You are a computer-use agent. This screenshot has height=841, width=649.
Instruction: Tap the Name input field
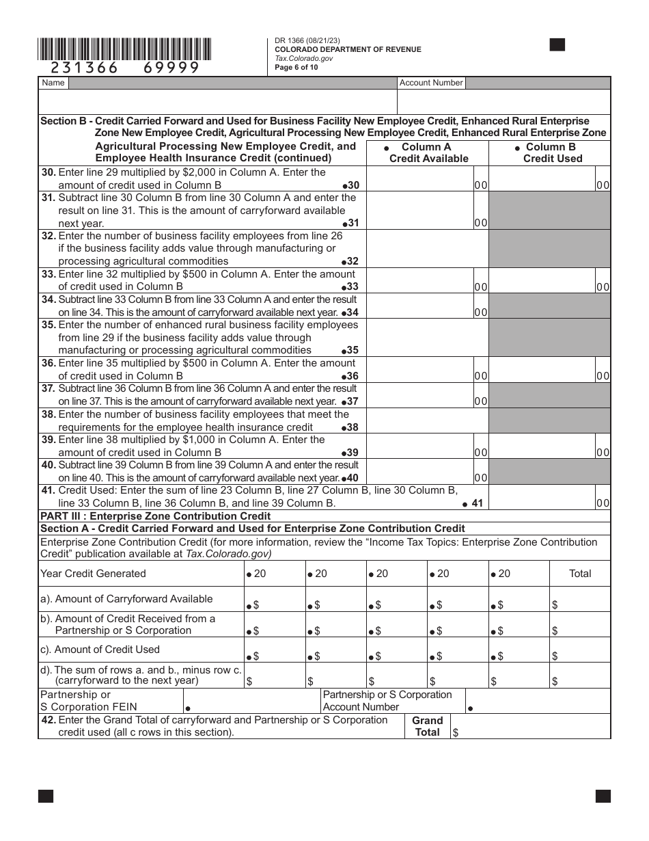[232, 83]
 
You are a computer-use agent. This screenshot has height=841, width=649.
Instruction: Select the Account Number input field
[538, 83]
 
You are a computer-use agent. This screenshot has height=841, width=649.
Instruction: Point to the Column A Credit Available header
[428, 152]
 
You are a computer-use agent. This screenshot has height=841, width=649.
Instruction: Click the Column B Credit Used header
[550, 152]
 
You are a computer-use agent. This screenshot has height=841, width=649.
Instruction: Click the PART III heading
[156, 516]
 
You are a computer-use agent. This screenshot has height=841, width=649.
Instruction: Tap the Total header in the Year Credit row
[580, 574]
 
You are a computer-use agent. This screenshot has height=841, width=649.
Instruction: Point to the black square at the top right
[557, 45]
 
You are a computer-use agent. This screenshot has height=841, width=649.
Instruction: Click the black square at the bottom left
[46, 796]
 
